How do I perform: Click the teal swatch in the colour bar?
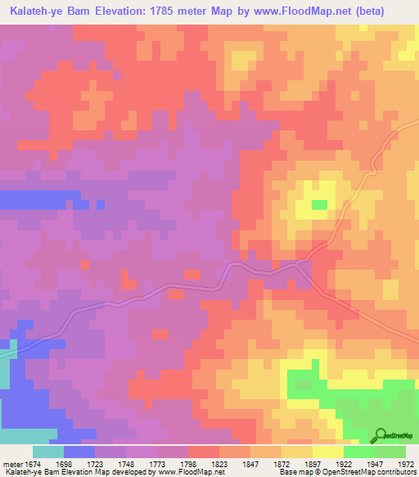47,452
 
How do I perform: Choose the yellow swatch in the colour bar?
327,452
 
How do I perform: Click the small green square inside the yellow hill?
319,204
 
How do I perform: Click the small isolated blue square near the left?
100,204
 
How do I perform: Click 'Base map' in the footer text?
291,472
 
